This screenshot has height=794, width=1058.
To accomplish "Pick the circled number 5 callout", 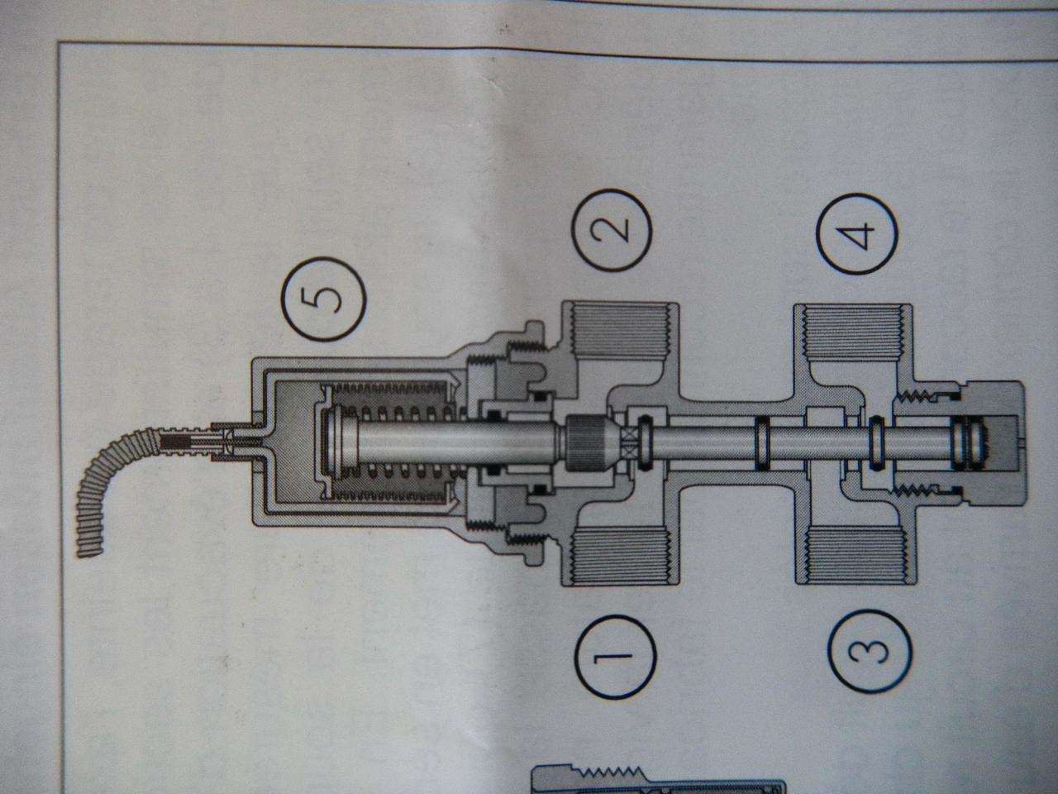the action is point(322,298).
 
